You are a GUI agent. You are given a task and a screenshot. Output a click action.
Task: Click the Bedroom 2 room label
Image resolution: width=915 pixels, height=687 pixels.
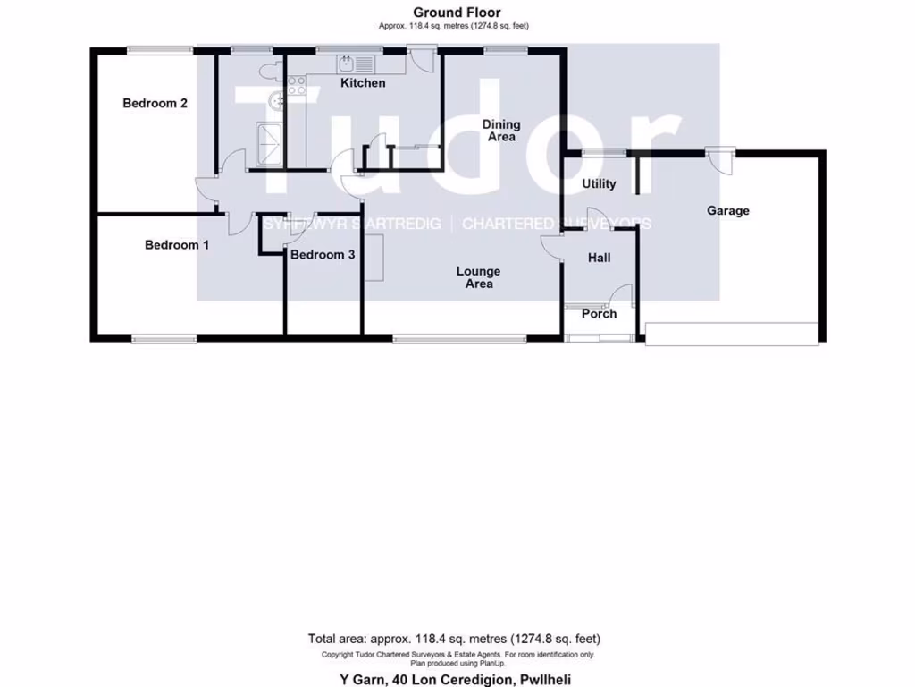(x=155, y=103)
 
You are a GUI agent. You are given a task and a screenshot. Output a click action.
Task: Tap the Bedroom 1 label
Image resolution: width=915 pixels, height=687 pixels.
(x=177, y=244)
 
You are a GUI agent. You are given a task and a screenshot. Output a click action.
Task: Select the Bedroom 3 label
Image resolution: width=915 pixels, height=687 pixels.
(x=323, y=255)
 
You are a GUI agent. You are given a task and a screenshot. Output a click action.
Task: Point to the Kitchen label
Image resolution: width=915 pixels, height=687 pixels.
(x=364, y=83)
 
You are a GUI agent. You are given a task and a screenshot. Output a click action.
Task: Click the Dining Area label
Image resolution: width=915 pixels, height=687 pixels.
(x=500, y=131)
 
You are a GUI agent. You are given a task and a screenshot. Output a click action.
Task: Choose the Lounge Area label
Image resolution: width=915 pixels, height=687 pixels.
(x=479, y=277)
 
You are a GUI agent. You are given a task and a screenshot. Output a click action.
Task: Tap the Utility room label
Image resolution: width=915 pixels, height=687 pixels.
(x=599, y=184)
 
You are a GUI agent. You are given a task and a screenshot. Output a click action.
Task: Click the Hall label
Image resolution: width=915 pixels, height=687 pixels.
(x=599, y=258)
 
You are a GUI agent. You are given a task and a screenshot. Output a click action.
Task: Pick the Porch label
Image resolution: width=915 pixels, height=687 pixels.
(x=599, y=314)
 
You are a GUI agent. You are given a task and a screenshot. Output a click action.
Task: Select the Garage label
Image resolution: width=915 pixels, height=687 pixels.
(x=728, y=211)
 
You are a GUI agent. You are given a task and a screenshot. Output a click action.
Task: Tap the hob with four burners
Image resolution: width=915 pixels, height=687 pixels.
(x=296, y=85)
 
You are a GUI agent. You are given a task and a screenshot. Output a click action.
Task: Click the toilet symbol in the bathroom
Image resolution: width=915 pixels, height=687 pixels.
(x=268, y=69)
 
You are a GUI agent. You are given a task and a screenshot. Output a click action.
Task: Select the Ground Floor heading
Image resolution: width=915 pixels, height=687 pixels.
(x=457, y=13)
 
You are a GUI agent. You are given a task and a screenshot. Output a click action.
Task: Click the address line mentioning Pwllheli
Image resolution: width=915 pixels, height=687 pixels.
(x=457, y=677)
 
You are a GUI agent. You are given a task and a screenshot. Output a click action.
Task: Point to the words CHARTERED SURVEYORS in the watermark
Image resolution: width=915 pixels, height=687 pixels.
(x=556, y=224)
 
